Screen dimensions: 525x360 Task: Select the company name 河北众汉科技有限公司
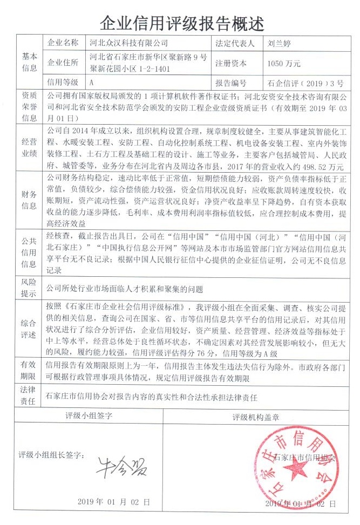pyautogui.click(x=128, y=43)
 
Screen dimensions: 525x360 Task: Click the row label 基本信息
pyautogui.click(x=29, y=63)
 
